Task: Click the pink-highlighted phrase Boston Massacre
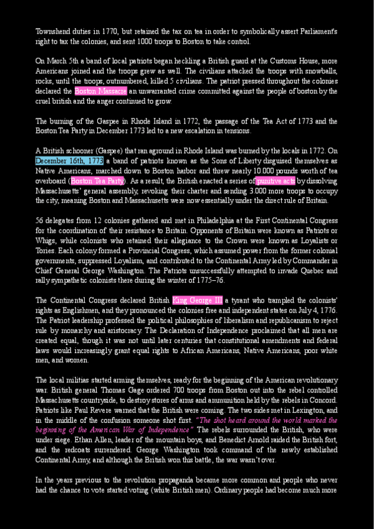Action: click(x=100, y=91)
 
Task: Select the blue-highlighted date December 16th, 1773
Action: click(x=69, y=160)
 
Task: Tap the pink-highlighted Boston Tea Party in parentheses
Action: click(x=98, y=181)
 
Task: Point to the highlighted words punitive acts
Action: click(x=276, y=181)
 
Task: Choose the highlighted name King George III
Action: click(x=197, y=300)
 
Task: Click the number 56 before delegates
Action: click(x=40, y=221)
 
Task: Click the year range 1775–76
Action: click(x=209, y=281)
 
